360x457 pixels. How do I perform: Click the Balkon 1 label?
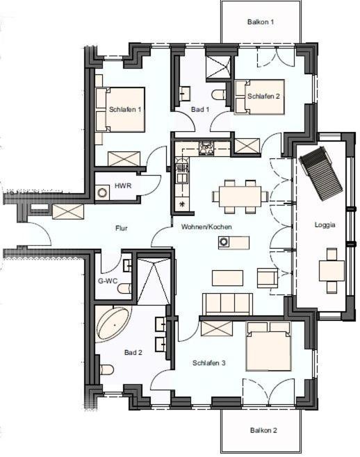pyautogui.click(x=261, y=22)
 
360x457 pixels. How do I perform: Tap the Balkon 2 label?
pyautogui.click(x=263, y=430)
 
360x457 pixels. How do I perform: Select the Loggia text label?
pyautogui.click(x=325, y=225)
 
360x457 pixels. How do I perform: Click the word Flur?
pyautogui.click(x=122, y=228)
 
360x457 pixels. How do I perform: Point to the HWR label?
pyautogui.click(x=123, y=185)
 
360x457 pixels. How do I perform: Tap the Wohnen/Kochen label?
pyautogui.click(x=206, y=226)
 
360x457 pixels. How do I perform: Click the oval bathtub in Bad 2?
pyautogui.click(x=114, y=324)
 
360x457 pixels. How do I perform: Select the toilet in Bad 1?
pyautogui.click(x=218, y=95)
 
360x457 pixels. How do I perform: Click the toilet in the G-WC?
pyautogui.click(x=124, y=289)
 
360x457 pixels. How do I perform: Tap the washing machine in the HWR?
pyautogui.click(x=102, y=193)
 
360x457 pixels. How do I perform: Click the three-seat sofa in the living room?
pyautogui.click(x=227, y=304)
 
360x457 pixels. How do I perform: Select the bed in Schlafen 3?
pyautogui.click(x=268, y=346)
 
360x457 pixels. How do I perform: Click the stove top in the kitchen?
pyautogui.click(x=206, y=149)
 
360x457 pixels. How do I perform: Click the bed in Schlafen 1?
pyautogui.click(x=120, y=110)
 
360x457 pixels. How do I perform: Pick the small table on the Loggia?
pyautogui.click(x=332, y=270)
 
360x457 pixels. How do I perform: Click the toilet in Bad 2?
pyautogui.click(x=107, y=369)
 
